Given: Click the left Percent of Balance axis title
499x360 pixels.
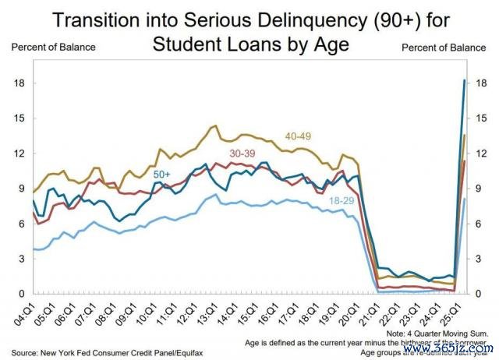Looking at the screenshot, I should coord(53,47).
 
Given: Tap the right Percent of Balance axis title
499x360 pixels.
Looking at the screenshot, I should coord(444,47).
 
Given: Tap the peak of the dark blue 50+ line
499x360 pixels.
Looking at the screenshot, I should coord(465,80).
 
